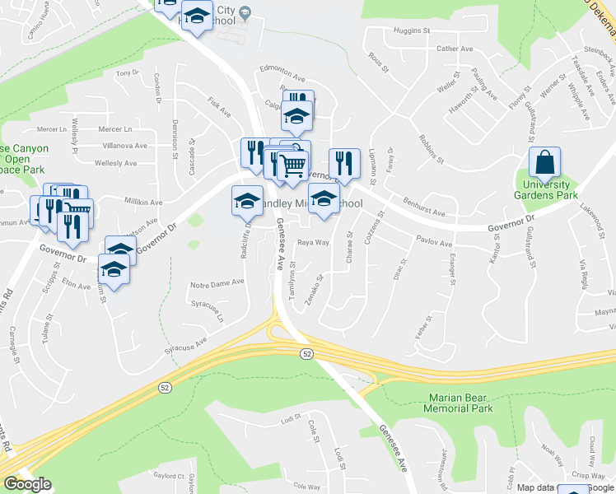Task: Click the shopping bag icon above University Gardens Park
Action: [545, 163]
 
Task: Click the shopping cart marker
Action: [294, 165]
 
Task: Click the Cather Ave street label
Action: [455, 49]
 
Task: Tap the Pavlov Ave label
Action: [434, 244]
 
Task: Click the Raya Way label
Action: [313, 243]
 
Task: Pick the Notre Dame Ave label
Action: [217, 282]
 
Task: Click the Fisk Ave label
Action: [218, 106]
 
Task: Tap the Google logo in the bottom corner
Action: [27, 484]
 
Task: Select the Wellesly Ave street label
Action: [115, 163]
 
